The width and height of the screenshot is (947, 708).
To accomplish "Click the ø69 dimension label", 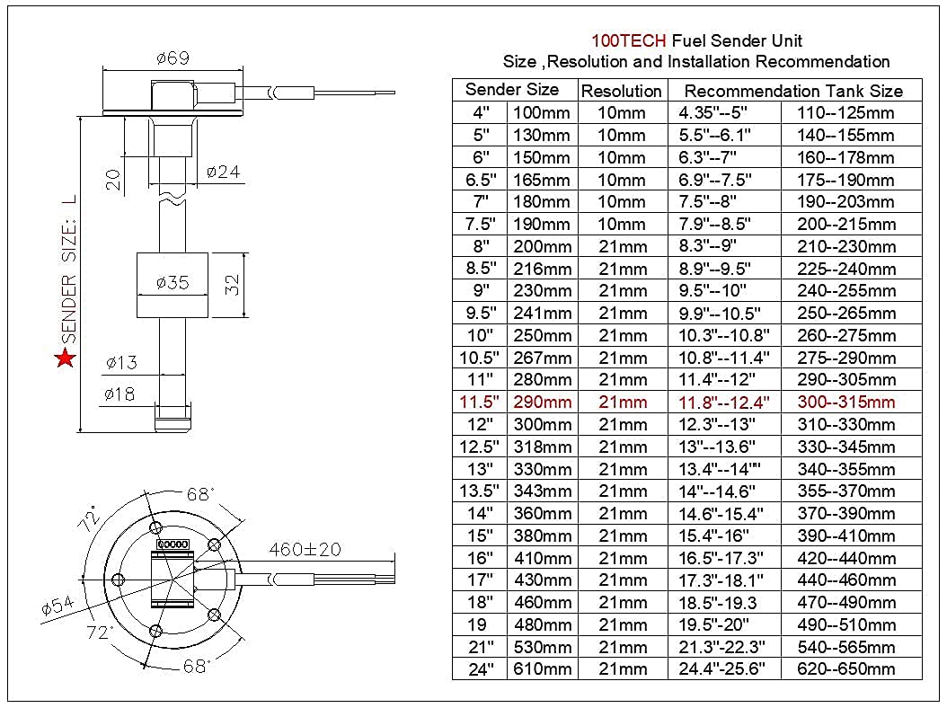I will (172, 58).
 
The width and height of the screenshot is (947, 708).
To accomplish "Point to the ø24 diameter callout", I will (223, 172).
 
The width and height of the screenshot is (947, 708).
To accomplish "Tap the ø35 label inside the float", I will (172, 283).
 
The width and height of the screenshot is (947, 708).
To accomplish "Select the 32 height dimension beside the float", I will (233, 285).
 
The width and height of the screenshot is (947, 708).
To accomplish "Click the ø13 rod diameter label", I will (120, 363).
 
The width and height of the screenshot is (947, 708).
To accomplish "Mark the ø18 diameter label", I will (119, 394).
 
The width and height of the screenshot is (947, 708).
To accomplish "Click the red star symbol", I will (65, 359).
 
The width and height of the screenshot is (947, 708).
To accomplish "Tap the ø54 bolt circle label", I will (58, 607).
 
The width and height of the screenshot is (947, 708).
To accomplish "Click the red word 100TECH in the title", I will (628, 40).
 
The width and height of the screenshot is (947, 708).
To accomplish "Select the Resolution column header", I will (622, 91).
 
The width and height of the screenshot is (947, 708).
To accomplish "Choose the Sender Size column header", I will (511, 90).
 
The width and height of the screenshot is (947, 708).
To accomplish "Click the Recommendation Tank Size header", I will (793, 91).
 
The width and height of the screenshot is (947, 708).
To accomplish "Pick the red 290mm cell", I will (542, 402).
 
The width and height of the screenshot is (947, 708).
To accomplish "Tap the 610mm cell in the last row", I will (542, 669).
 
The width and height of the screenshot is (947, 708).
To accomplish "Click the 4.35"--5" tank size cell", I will (716, 113).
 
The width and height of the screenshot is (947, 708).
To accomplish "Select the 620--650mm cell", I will (846, 669).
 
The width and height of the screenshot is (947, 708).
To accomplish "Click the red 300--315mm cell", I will (846, 402).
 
